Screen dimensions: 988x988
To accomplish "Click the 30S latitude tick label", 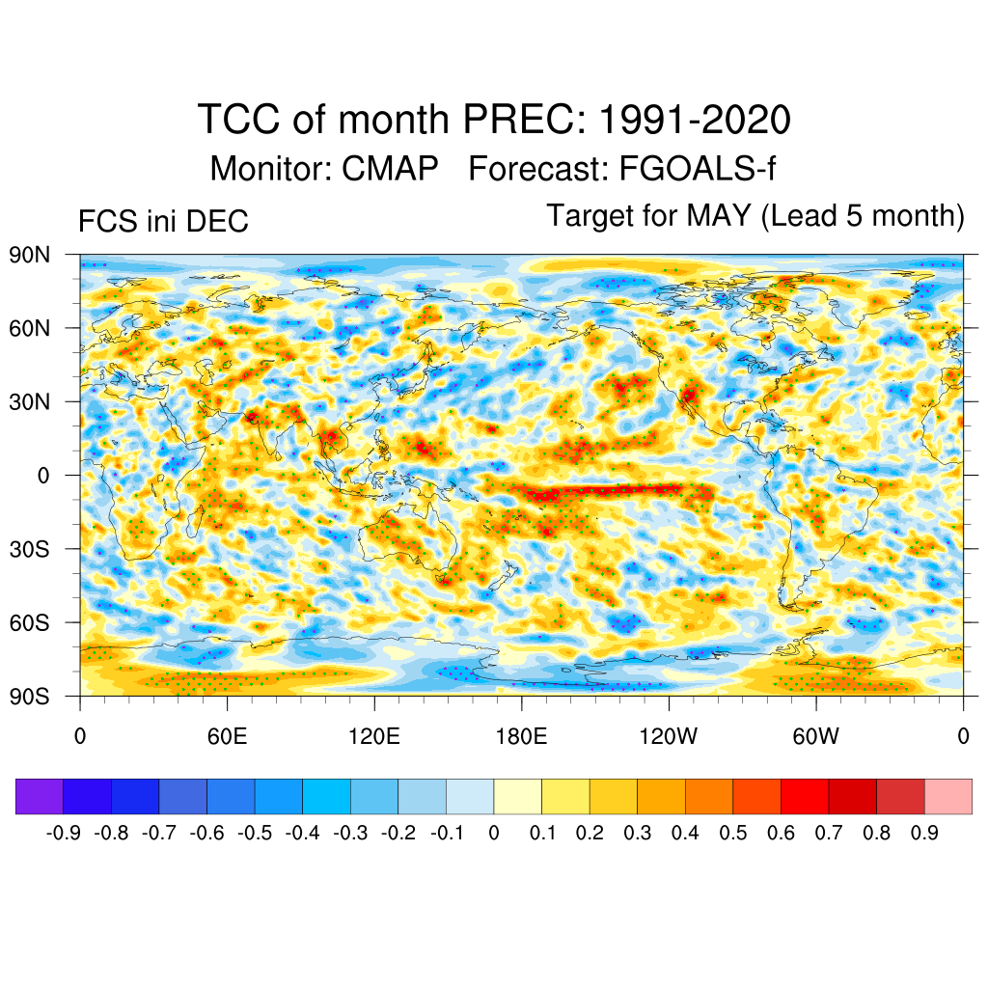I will (x=29, y=549).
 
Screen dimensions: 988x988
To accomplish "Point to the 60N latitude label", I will (x=29, y=328).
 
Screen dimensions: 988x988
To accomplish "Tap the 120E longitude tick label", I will (x=373, y=736).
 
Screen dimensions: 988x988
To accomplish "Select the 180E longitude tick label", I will (x=521, y=736).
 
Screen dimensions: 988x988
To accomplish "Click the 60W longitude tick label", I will (x=815, y=736).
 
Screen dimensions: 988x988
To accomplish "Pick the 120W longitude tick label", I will (x=668, y=736).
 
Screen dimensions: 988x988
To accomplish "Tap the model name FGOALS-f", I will (x=685, y=170).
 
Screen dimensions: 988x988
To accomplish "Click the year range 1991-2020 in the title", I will (x=695, y=121).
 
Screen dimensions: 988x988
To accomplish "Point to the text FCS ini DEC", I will (x=163, y=222).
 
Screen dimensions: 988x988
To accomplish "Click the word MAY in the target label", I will (x=719, y=215).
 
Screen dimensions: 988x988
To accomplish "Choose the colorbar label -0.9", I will (x=63, y=833).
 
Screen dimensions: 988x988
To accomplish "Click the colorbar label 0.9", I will (x=924, y=833).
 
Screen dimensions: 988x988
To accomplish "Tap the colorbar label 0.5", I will (x=733, y=833).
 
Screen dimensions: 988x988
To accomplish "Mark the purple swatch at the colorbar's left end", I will (x=40, y=796).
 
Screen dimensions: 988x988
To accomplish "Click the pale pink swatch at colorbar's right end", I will (x=948, y=796).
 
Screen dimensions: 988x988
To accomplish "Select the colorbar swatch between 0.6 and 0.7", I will (x=805, y=796).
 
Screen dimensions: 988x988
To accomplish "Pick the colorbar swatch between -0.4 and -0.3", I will (x=326, y=796).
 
